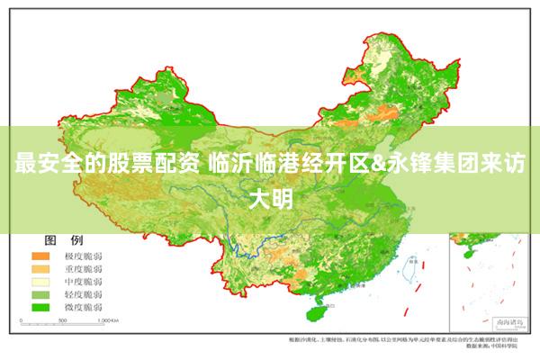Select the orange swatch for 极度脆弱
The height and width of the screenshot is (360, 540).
[x=42, y=256]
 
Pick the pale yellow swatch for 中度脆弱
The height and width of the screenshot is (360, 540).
[x=42, y=282]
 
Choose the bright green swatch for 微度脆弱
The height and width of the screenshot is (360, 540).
[x=42, y=307]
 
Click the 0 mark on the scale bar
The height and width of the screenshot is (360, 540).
[x=16, y=320]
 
